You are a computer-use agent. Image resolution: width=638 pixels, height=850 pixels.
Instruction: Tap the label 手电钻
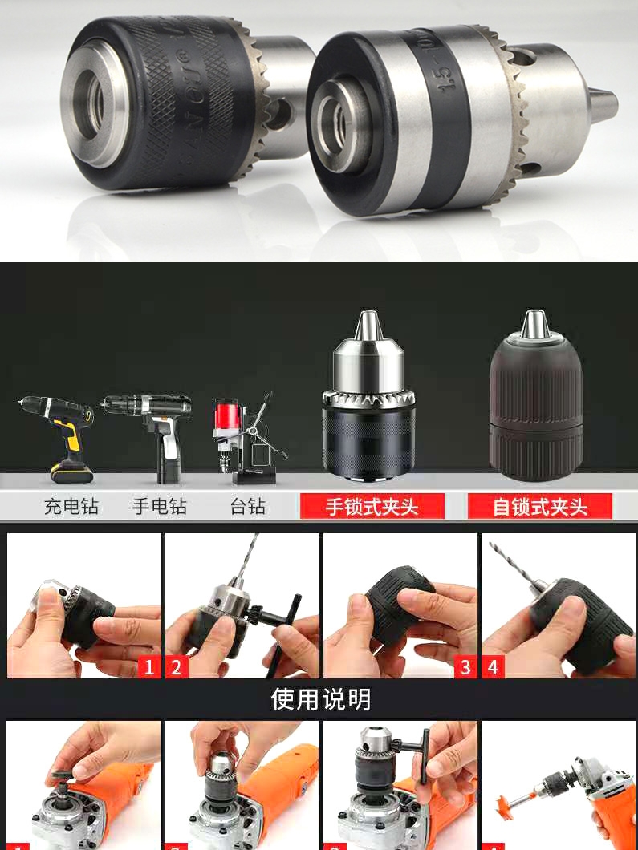click(x=159, y=507)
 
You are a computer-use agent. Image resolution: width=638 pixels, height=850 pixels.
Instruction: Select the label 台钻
click(x=247, y=507)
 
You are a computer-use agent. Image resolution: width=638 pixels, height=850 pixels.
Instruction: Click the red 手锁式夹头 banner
click(x=372, y=507)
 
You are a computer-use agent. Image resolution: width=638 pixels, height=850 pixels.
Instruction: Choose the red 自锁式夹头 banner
click(x=540, y=507)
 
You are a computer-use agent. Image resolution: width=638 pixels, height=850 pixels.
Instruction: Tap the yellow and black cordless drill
click(x=60, y=433)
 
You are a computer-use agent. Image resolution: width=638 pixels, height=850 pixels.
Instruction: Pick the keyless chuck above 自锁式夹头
click(x=536, y=401)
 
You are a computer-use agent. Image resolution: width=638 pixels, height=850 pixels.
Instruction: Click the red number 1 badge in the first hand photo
click(x=148, y=666)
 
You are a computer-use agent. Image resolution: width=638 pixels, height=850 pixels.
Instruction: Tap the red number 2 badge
click(x=177, y=666)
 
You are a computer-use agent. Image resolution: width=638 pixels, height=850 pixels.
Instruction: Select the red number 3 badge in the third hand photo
click(x=465, y=666)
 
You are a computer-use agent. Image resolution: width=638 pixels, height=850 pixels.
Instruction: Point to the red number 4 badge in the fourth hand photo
click(x=494, y=666)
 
